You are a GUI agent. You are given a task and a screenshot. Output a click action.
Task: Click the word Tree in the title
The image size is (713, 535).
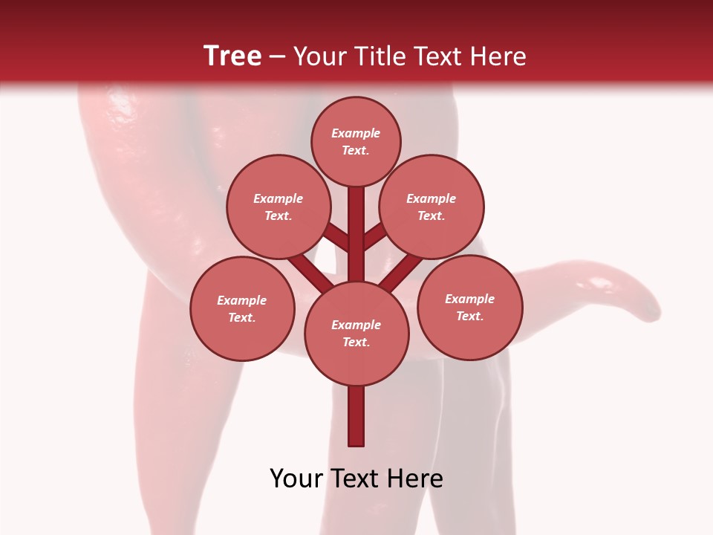click(x=232, y=56)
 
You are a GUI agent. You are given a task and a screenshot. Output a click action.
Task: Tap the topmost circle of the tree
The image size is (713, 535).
click(x=356, y=141)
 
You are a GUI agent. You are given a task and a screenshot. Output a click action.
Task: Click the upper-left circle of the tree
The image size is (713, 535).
click(x=278, y=207)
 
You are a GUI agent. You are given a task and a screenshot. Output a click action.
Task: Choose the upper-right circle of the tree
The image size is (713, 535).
click(x=432, y=207)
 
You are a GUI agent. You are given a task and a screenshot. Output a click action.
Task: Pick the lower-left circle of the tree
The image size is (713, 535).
click(x=242, y=308)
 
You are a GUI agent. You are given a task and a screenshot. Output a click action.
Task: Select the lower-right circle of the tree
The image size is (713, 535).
click(x=470, y=307)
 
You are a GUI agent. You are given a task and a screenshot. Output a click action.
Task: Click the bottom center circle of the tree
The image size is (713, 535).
click(x=356, y=333)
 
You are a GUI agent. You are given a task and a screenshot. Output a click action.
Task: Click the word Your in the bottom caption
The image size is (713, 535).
click(x=297, y=479)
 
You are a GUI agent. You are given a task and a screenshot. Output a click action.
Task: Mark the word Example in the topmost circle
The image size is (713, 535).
click(x=356, y=133)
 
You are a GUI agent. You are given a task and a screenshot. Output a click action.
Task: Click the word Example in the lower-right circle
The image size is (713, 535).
click(x=469, y=299)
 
